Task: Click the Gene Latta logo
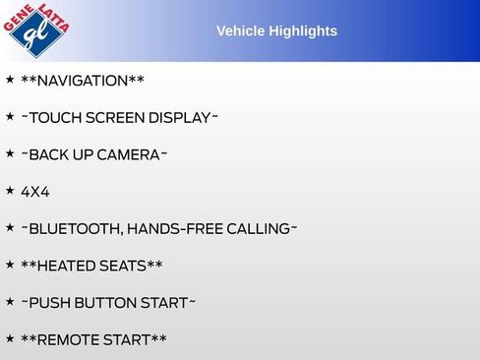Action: click(37, 30)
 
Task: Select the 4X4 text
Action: click(34, 192)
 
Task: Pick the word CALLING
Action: click(258, 229)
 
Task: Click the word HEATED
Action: click(70, 267)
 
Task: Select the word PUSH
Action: click(49, 303)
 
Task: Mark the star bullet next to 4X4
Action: click(10, 191)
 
